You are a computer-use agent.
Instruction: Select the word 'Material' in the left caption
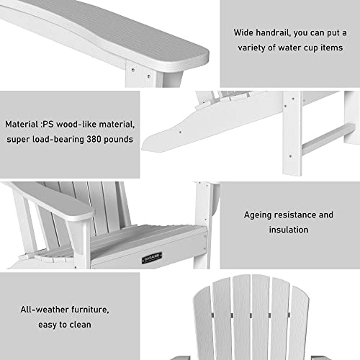21,124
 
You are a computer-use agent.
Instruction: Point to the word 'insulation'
288,230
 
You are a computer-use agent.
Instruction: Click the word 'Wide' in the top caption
244,33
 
